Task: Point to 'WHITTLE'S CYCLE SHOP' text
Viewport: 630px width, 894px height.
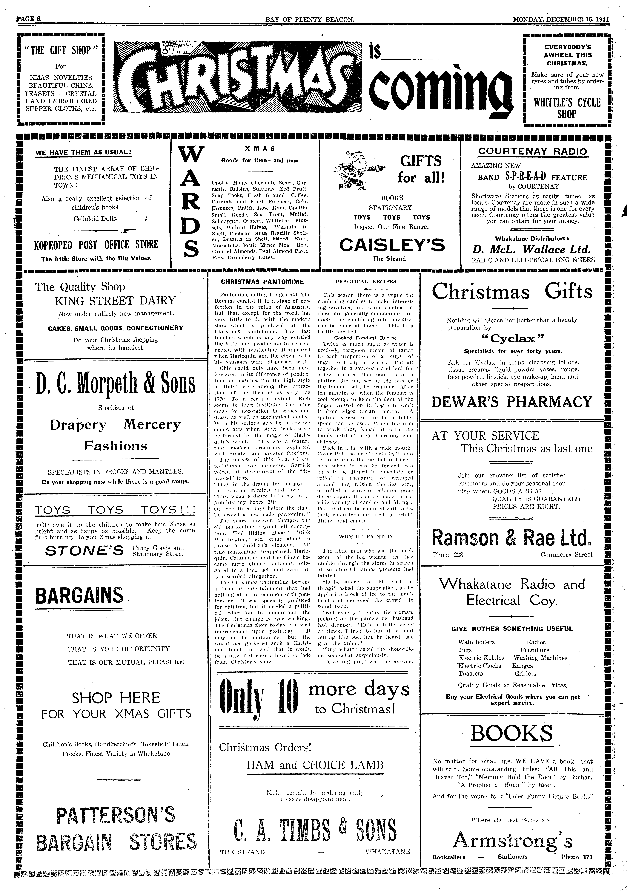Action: tap(566, 108)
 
